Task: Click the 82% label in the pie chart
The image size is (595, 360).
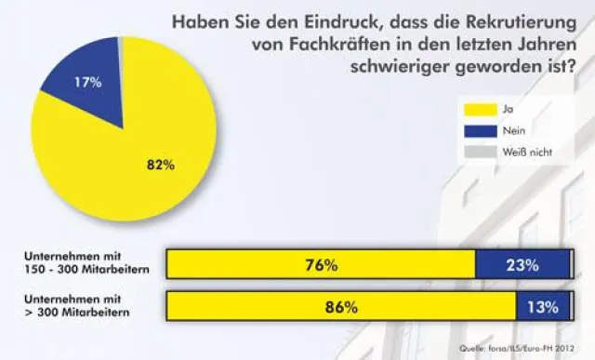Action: pos(160,165)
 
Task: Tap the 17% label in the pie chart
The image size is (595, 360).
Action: pos(87,82)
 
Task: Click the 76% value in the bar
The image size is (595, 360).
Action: pos(321,264)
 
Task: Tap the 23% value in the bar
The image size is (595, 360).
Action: pos(522,264)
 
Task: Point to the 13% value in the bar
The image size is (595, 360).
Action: pos(541,306)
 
